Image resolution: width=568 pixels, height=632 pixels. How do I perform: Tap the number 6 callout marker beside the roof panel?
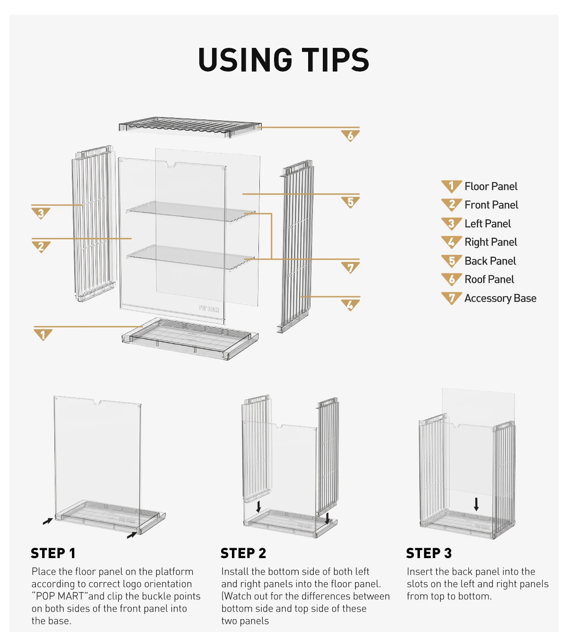tap(350, 135)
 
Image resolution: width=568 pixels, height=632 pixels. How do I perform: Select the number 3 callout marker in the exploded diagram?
tap(41, 213)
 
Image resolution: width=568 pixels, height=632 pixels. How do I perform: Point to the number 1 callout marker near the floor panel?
tap(43, 334)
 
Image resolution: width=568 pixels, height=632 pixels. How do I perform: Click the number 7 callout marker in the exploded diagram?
tap(350, 268)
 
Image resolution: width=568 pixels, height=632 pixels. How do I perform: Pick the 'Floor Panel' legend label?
tap(491, 187)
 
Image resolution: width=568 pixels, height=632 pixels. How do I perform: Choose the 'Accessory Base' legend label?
tap(500, 298)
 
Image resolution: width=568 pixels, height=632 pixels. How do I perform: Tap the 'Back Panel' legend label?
tap(490, 261)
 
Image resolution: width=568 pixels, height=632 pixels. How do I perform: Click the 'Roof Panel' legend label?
tap(489, 280)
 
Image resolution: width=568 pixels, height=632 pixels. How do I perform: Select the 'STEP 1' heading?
tap(53, 553)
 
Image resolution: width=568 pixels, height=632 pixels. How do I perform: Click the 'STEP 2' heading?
tap(243, 553)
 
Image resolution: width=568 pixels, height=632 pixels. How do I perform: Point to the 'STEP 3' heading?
tap(428, 553)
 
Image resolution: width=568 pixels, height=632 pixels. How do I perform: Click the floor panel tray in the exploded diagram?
tap(190, 339)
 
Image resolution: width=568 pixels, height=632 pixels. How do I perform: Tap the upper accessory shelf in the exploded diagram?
tap(191, 211)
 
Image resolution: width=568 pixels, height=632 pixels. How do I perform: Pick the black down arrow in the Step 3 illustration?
tap(476, 504)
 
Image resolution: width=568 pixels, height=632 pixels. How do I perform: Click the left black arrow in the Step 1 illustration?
tap(48, 522)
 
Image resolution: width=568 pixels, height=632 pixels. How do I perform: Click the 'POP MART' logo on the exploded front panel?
tap(209, 308)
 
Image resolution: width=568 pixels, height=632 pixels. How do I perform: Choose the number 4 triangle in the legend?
tap(452, 242)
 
